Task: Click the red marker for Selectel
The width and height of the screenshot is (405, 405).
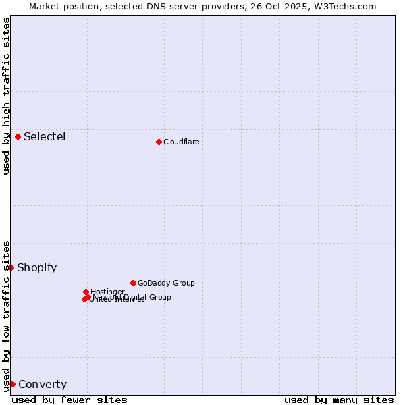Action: (18, 136)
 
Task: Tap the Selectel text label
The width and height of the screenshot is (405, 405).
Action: (45, 136)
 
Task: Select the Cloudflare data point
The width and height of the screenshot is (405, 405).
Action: (159, 142)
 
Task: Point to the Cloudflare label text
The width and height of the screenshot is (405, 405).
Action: (181, 142)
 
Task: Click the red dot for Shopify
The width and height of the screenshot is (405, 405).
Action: (11, 267)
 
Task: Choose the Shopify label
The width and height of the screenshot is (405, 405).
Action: (36, 267)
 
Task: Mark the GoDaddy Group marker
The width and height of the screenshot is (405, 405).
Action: (133, 283)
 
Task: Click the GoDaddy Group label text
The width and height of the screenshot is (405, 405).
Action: (166, 283)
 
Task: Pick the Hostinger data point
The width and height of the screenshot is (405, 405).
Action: (86, 292)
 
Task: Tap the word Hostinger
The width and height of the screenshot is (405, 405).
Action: (107, 292)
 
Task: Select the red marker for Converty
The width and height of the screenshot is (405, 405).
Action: (12, 384)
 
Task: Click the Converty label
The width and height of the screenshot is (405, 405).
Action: (43, 385)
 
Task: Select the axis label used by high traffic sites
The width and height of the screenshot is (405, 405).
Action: (6, 96)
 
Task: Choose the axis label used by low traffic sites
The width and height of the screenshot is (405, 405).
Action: (6, 316)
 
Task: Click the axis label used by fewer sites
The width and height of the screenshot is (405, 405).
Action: (70, 400)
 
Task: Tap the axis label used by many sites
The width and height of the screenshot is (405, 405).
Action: (339, 400)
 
